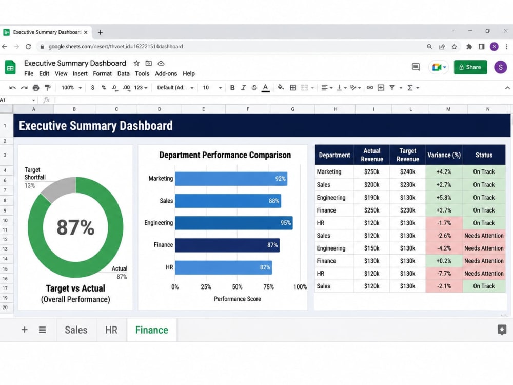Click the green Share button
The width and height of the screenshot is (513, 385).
click(x=470, y=67)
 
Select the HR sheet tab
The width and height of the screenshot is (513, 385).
click(x=111, y=330)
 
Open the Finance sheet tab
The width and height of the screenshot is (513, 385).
click(x=152, y=330)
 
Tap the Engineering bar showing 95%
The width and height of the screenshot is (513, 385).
click(x=233, y=223)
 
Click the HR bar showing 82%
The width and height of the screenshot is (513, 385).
click(x=224, y=267)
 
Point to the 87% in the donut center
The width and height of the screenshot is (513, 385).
click(x=75, y=227)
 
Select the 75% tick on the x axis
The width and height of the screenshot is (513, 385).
click(x=269, y=287)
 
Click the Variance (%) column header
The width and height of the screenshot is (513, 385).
click(x=444, y=155)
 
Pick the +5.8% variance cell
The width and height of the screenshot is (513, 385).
click(x=444, y=198)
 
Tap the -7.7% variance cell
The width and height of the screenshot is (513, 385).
click(x=444, y=274)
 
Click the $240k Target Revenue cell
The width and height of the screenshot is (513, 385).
click(x=408, y=171)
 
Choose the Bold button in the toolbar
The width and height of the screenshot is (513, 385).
click(x=232, y=88)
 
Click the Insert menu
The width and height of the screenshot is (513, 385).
click(x=80, y=73)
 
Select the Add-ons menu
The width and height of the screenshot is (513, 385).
click(x=166, y=73)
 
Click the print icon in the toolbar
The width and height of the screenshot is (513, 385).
click(x=36, y=88)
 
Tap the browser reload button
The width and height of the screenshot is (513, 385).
click(x=28, y=47)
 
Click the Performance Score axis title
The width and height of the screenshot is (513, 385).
click(x=238, y=299)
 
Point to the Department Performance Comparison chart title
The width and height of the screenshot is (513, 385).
click(x=225, y=155)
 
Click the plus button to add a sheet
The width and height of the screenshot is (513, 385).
click(x=25, y=330)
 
